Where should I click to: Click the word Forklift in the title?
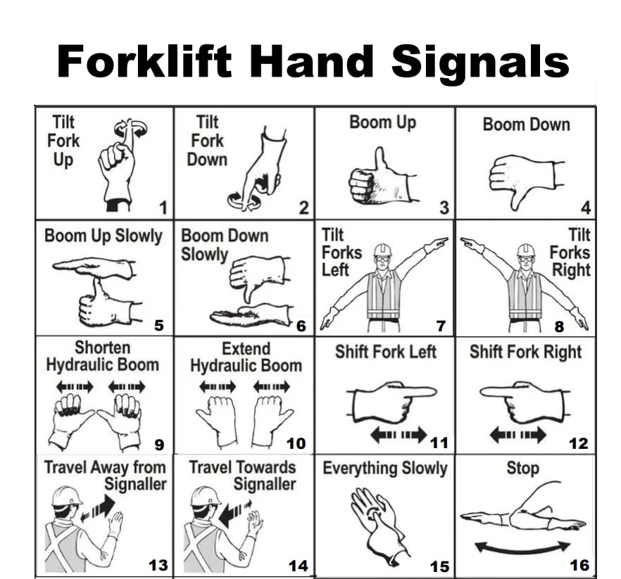(144, 61)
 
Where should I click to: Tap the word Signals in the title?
(480, 63)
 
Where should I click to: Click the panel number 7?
(441, 326)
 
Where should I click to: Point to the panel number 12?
(579, 444)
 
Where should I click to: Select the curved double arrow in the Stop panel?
(522, 548)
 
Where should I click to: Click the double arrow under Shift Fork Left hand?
(399, 435)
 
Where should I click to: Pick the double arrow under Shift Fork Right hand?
(517, 435)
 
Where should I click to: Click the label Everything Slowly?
(385, 468)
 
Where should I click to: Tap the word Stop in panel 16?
(522, 468)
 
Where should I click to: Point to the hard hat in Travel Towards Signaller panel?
(206, 496)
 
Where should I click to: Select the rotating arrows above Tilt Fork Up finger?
(130, 128)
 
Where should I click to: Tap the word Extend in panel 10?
(246, 349)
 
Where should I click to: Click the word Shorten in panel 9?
(103, 348)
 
